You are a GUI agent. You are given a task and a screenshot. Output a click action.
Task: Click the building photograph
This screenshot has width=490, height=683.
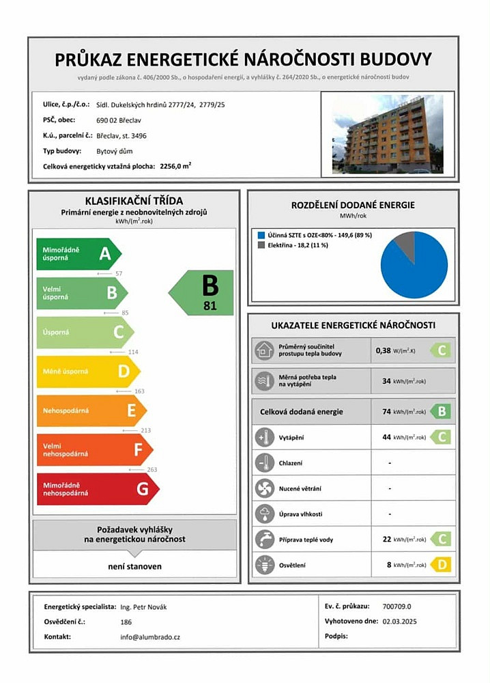click(387, 134)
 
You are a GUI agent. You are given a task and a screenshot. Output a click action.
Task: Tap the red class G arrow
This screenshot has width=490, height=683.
click(96, 489)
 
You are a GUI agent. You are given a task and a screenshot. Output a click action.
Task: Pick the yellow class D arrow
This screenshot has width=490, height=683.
click(86, 372)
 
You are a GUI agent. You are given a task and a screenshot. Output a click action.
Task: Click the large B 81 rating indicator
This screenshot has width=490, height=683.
click(204, 292)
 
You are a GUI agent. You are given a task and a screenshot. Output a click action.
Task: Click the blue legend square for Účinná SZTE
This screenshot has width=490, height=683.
click(260, 235)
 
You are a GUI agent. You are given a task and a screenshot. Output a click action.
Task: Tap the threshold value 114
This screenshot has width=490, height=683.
click(133, 352)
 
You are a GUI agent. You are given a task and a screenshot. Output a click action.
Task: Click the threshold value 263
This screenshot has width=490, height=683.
click(152, 469)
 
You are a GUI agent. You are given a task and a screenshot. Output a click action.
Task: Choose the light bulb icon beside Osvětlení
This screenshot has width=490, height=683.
click(263, 564)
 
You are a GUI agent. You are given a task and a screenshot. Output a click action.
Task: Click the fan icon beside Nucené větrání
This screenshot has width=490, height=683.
click(263, 488)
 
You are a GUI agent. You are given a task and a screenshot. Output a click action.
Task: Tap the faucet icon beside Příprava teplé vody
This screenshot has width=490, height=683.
click(263, 539)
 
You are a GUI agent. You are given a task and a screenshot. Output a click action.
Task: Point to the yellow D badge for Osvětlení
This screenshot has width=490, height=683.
click(442, 565)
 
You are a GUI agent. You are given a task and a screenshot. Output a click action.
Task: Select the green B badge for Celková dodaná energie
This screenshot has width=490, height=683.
click(442, 412)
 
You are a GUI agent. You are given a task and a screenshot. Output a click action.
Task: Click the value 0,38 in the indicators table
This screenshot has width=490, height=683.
click(384, 351)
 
